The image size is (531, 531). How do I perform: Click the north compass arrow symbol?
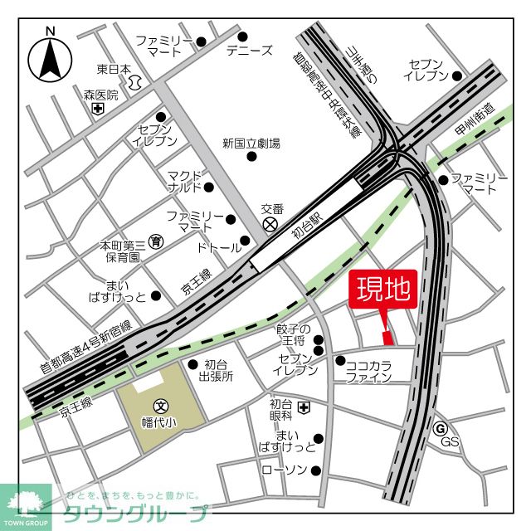pos(50,57)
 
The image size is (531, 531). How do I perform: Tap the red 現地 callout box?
pos(383,290)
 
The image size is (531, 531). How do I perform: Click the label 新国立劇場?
pos(251,144)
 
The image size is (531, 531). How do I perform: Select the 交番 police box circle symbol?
pos(270,224)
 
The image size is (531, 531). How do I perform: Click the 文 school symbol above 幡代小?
pos(160,407)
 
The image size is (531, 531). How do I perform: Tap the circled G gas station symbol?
pos(441,428)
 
